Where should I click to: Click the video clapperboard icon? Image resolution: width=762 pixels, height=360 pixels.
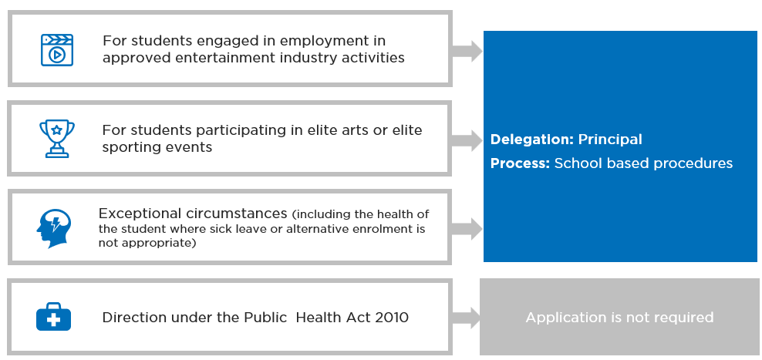click(57, 50)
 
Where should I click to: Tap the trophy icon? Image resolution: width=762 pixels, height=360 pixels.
click(57, 139)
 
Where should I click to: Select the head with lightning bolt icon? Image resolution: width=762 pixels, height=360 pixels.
click(53, 228)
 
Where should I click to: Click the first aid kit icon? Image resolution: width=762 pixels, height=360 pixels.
click(53, 317)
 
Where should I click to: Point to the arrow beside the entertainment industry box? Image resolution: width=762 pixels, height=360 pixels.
click(467, 51)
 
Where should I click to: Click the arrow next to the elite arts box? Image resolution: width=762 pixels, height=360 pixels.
click(467, 140)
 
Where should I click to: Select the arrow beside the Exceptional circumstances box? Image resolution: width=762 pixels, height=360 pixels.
click(467, 228)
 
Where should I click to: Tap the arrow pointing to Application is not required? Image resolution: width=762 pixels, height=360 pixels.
click(466, 318)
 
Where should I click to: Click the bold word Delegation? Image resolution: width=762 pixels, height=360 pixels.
click(532, 140)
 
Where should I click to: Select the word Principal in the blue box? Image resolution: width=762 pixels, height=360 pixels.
click(610, 140)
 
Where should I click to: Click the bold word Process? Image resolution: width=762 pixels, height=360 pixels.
click(520, 163)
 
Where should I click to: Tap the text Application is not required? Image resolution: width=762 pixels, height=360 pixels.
click(619, 318)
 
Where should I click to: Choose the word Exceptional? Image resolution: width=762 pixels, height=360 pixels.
click(139, 214)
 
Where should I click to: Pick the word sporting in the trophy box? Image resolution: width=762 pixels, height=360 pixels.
click(128, 147)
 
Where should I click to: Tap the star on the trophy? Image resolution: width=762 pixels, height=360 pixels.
click(57, 130)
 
